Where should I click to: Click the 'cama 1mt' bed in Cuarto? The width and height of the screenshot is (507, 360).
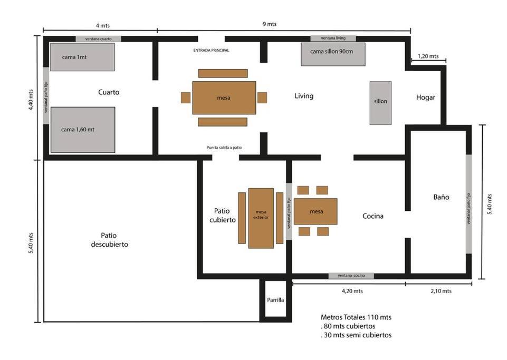pos(82,57)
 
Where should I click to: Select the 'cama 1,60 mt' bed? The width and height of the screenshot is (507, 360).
pos(83,130)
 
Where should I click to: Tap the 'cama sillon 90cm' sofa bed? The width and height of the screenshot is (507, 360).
pos(333,54)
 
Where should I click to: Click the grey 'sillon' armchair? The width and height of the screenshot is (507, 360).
pos(380,103)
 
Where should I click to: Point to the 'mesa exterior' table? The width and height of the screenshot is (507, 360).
pos(261,218)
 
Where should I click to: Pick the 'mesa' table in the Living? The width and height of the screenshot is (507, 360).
pos(224,98)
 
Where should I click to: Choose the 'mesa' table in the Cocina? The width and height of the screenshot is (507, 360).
pos(315,211)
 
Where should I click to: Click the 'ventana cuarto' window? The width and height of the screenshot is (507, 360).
pos(98,39)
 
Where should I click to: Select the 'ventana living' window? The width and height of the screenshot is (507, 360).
pos(333,38)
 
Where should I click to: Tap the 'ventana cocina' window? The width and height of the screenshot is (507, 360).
pos(351,276)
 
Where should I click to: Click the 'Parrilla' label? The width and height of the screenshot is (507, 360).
pos(275,300)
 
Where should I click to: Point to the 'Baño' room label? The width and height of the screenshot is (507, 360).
pos(442,197)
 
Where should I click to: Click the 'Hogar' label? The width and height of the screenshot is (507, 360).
pos(426,98)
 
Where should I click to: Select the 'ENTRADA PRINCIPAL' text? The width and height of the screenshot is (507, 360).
pos(211,51)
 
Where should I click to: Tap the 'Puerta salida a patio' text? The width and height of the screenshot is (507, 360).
pos(224,148)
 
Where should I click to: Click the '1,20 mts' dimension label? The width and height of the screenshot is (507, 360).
pos(428,56)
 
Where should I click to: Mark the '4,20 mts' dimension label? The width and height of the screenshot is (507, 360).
pos(352,291)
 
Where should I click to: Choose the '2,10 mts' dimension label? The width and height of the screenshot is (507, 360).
pos(441,291)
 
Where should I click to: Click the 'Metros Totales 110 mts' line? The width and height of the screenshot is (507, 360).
pos(356,317)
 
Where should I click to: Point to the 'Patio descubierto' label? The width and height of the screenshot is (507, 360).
pos(109,240)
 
